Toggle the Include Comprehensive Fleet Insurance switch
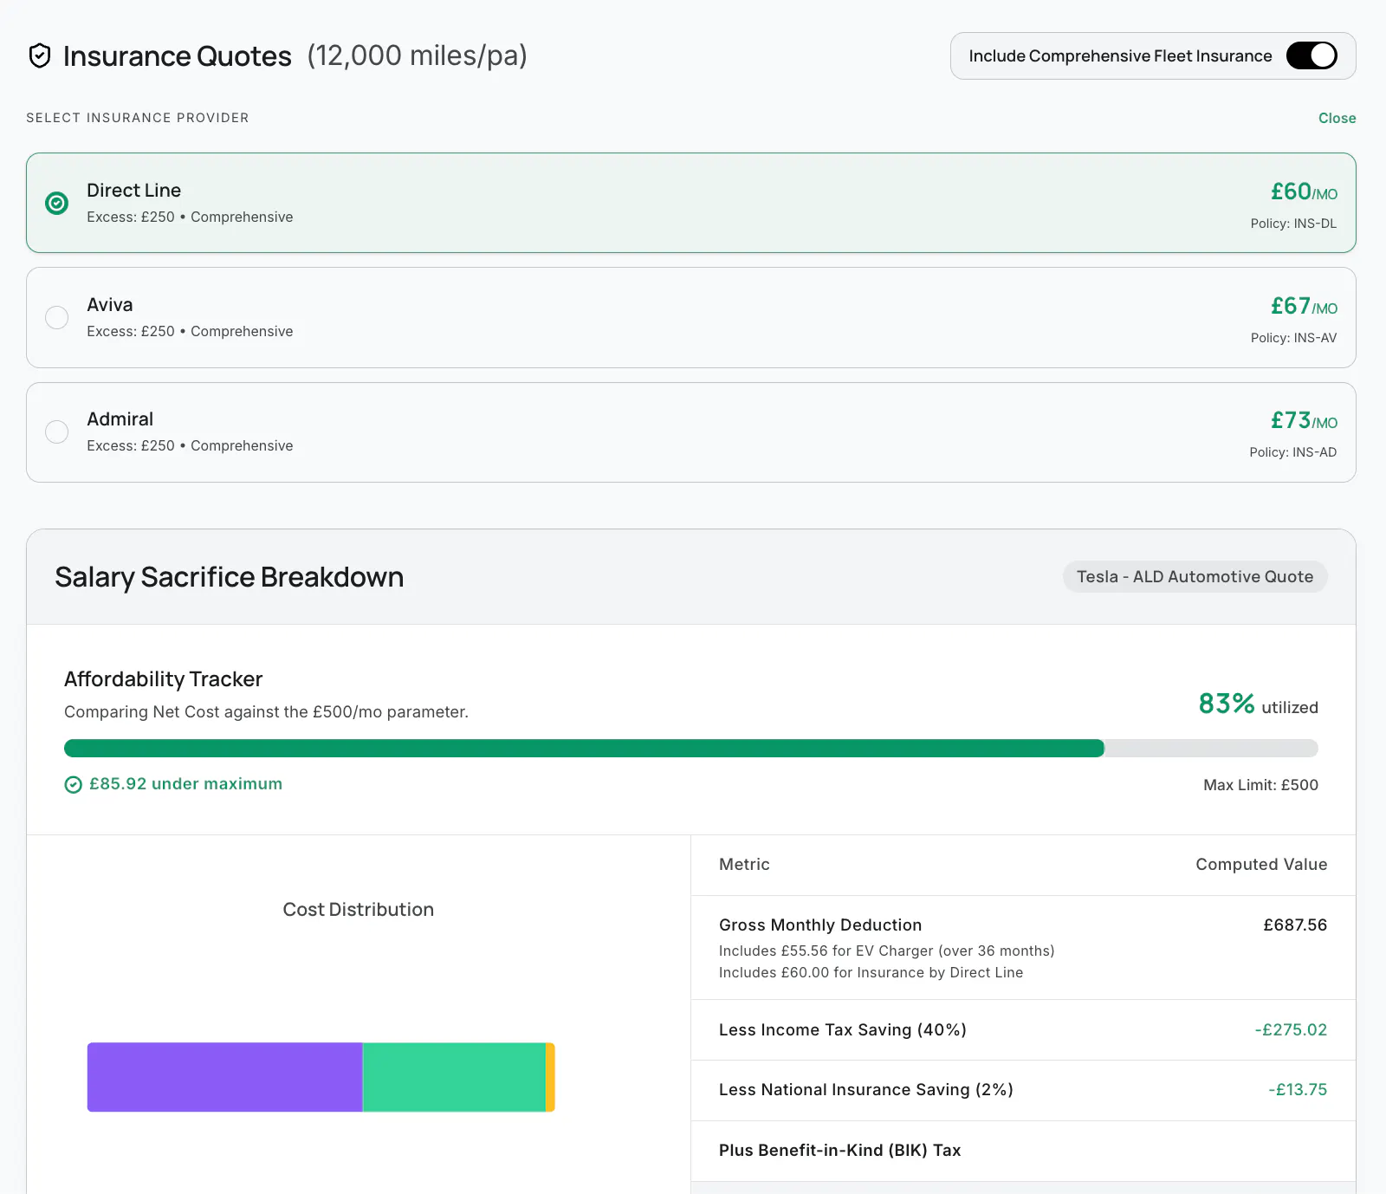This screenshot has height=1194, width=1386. point(1312,55)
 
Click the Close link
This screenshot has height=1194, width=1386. point(1337,118)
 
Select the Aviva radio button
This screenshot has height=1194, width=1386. point(57,317)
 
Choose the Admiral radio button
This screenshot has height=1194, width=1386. point(57,432)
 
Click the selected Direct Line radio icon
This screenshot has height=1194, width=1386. point(57,203)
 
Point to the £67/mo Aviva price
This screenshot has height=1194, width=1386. point(1304,306)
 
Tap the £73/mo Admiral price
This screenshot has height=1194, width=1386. point(1304,420)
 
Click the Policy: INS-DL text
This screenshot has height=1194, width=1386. point(1293,224)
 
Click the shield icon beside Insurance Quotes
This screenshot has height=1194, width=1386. point(40,55)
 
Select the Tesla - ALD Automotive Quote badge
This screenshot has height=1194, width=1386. point(1195,577)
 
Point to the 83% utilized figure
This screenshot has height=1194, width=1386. point(1258,704)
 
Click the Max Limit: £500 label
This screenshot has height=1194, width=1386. point(1260,785)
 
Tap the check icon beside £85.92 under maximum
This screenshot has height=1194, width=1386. point(74,785)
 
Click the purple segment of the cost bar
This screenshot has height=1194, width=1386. point(225,1077)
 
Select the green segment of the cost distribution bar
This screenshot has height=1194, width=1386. point(454,1077)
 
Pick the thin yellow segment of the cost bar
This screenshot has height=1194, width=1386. point(550,1077)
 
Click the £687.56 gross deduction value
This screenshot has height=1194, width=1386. point(1295,925)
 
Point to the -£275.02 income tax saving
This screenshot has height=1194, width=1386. point(1291,1029)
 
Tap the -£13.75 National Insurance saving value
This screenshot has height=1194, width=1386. point(1298,1089)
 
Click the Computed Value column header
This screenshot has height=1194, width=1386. point(1261,864)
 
